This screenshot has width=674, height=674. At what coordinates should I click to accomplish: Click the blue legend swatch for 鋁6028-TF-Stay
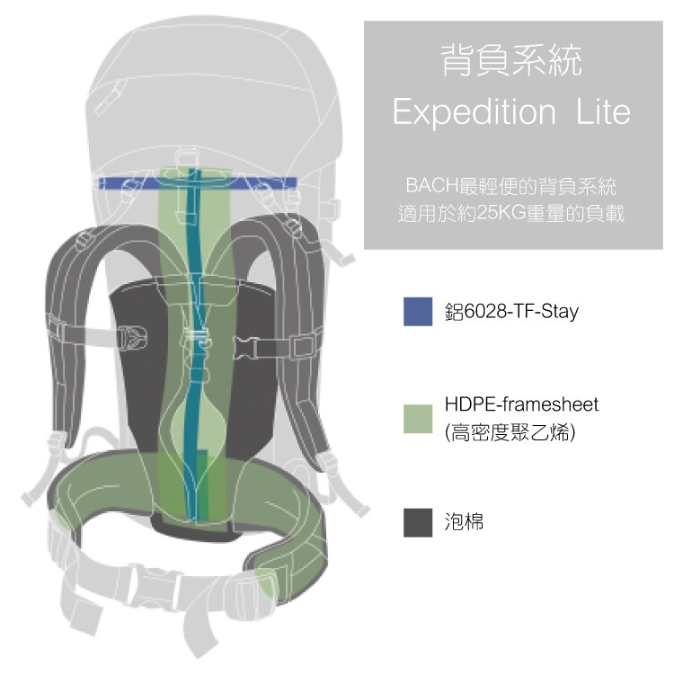(418, 311)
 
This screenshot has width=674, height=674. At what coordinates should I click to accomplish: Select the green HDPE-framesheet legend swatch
(418, 418)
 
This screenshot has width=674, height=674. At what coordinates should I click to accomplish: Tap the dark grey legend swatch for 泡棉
(418, 522)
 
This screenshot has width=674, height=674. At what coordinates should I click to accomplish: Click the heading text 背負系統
(512, 60)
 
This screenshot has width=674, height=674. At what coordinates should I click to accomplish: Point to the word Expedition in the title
(474, 112)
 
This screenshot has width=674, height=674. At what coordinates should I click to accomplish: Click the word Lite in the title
(603, 111)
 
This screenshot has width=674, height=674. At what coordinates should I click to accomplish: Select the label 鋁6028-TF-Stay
(511, 311)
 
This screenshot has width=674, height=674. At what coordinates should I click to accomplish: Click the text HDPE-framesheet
(521, 404)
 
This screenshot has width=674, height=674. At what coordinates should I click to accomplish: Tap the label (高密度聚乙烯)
(510, 432)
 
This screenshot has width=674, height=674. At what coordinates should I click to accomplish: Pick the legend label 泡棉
(464, 522)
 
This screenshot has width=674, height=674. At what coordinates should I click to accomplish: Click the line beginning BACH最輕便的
(511, 186)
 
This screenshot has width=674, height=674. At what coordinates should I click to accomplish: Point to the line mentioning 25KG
(511, 213)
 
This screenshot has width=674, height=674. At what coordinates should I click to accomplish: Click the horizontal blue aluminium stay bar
(198, 183)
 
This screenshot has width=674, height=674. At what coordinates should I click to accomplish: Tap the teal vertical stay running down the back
(194, 344)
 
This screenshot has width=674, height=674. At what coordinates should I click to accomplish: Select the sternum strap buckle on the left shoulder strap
(132, 337)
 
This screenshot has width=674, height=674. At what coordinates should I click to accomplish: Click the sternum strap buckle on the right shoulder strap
(246, 347)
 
